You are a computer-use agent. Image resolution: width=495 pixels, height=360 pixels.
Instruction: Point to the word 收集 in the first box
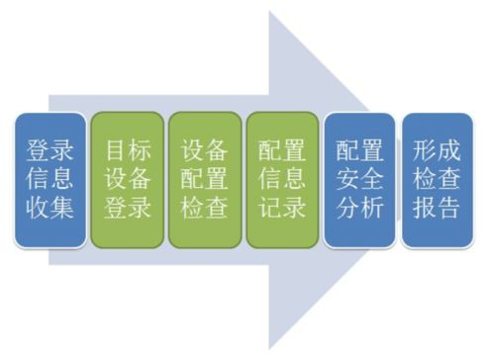(x=49, y=209)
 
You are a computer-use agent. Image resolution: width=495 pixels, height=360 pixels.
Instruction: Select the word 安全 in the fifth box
(x=360, y=179)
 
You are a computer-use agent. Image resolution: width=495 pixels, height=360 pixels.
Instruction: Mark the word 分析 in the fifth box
(x=360, y=209)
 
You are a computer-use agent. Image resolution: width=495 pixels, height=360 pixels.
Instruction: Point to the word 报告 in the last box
(x=438, y=209)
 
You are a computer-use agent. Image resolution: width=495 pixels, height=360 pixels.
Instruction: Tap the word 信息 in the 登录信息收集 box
(x=49, y=179)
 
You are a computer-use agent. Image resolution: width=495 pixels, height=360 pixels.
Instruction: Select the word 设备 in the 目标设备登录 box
(x=127, y=179)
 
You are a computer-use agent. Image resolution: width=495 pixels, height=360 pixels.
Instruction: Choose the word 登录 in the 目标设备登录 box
(x=127, y=209)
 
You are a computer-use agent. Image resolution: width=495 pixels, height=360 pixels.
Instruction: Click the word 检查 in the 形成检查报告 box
(x=438, y=179)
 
